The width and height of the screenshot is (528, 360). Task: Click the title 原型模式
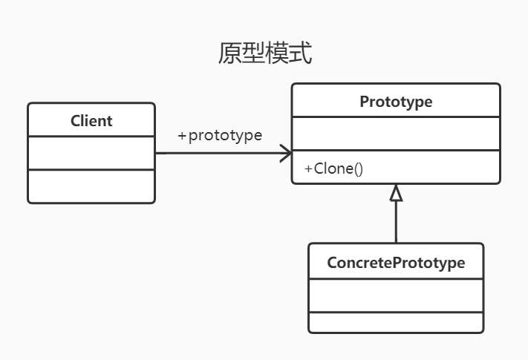(264, 54)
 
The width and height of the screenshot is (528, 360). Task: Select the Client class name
(91, 120)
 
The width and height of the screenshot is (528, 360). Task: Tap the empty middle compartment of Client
(91, 153)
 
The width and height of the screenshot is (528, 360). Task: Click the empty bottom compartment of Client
(91, 186)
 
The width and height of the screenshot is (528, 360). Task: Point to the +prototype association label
(220, 136)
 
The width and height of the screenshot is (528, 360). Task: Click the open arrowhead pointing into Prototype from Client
(285, 154)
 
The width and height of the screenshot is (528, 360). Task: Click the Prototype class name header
(396, 101)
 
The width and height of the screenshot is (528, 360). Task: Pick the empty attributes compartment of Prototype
(396, 134)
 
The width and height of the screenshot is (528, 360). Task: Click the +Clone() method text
(333, 168)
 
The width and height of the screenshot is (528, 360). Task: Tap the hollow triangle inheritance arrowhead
(396, 193)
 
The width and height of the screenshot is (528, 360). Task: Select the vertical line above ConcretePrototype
(396, 223)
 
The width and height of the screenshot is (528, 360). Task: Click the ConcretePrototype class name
(396, 263)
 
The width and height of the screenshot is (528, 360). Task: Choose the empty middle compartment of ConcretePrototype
(396, 295)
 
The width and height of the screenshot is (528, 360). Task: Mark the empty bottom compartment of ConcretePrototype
(396, 323)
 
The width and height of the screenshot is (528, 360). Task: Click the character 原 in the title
(229, 54)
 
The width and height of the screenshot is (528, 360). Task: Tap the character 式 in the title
(300, 54)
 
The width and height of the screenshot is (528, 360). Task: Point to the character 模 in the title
(276, 54)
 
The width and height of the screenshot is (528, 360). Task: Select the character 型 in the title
(253, 54)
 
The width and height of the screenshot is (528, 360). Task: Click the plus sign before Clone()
(308, 168)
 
